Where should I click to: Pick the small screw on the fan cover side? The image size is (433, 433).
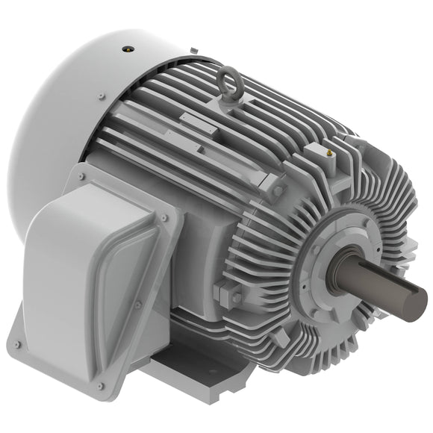tap(99, 96)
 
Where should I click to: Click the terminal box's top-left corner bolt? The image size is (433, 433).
tap(82, 177)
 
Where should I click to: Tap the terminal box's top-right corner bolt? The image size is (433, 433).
tap(163, 217)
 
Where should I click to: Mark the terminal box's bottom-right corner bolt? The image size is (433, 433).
tap(100, 386)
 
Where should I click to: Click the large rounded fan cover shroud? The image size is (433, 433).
tap(67, 112)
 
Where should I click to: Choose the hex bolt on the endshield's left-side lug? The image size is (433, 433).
tap(237, 297)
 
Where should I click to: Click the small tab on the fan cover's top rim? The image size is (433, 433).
tap(193, 49)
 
